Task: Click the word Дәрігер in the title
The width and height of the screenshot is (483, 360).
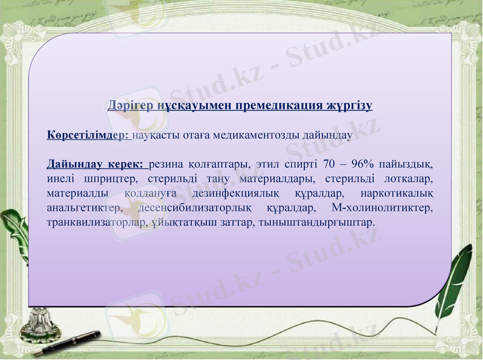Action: point(128,106)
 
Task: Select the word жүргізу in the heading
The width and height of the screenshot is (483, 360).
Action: point(350,106)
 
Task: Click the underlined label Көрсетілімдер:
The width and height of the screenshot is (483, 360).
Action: point(88,135)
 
